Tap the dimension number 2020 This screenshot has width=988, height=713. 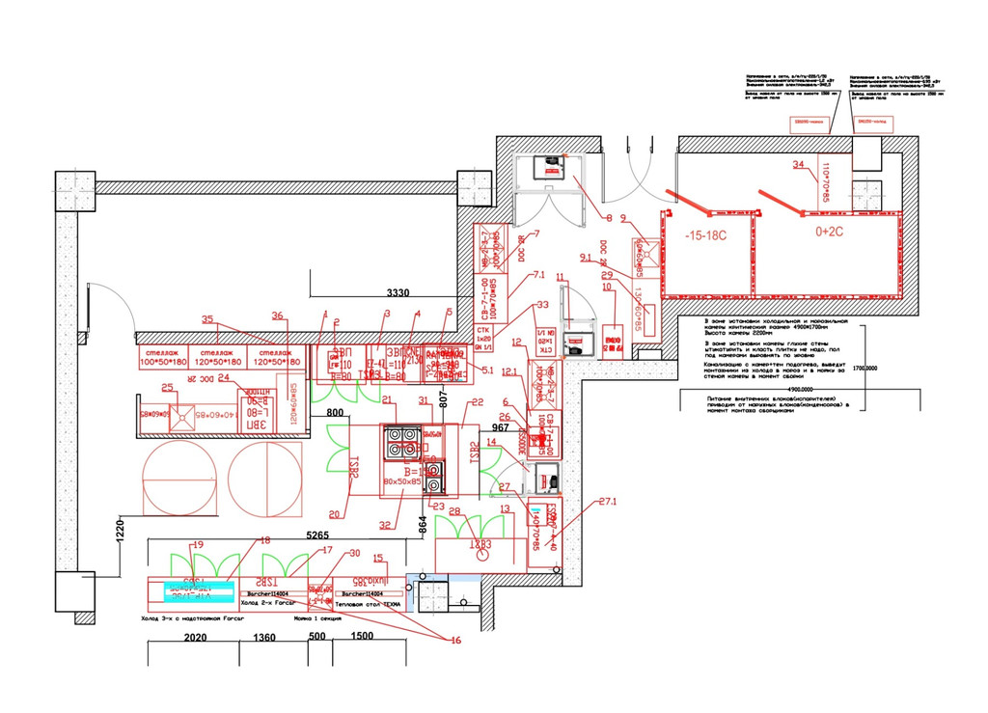pos(196,639)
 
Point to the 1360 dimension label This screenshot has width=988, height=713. pos(265,639)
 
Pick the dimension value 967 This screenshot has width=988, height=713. pos(500,426)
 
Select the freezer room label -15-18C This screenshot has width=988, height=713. pos(706,234)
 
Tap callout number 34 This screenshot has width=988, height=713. pos(798,165)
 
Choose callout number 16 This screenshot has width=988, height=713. pos(455,640)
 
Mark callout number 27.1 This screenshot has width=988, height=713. pos(608,501)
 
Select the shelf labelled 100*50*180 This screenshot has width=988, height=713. pos(163,361)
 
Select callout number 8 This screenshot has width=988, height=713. pos(609,216)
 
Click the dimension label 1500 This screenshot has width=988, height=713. pos(363,639)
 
